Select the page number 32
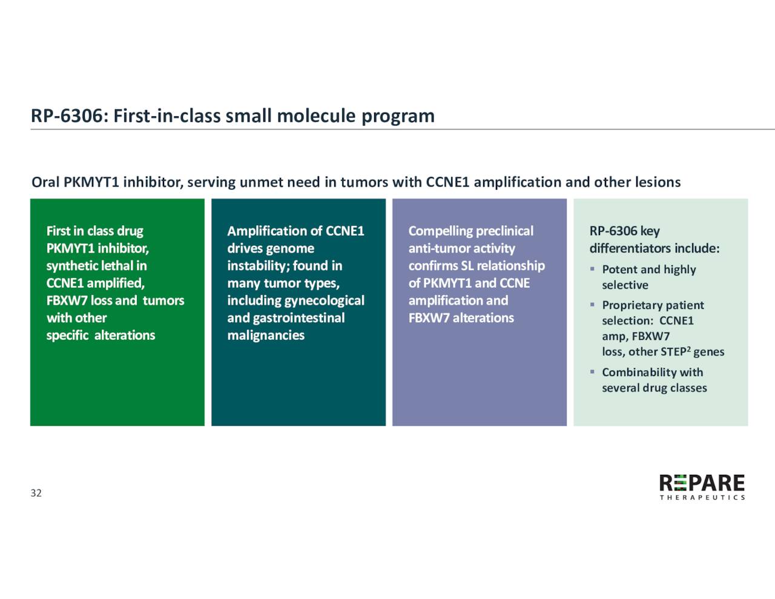coord(36,493)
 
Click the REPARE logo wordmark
coord(702,483)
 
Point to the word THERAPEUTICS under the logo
coord(702,498)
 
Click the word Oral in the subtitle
coord(45,182)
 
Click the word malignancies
coord(266,336)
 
